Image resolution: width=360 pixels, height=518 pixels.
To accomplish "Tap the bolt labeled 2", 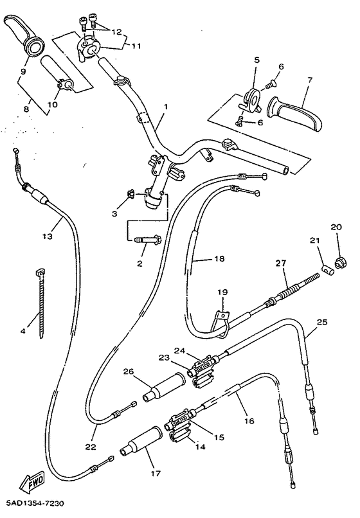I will (x=147, y=242).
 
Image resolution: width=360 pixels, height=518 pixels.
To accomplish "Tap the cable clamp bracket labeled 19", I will (x=222, y=316).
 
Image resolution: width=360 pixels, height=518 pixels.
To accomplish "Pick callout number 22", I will (x=90, y=447).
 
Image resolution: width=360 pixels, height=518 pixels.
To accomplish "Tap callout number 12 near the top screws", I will (x=115, y=31).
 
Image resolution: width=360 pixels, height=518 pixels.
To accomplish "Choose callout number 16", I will (x=249, y=421).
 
